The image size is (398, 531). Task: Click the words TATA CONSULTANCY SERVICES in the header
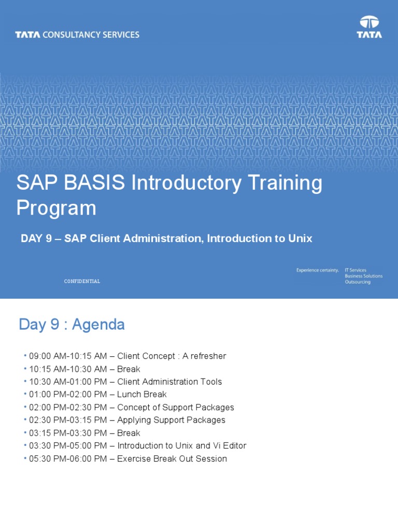77,35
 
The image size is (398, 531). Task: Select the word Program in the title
56,208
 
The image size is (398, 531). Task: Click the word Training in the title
285,183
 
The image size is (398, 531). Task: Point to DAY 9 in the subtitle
36,239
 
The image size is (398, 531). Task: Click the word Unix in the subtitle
300,239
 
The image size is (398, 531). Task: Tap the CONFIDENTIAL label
82,281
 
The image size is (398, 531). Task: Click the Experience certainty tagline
318,270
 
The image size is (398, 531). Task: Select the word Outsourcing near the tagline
358,282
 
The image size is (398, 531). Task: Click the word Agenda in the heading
98,325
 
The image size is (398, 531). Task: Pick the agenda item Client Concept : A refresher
172,356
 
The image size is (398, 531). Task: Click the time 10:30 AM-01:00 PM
68,382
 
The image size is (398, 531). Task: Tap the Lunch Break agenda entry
142,395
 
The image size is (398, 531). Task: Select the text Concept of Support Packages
176,408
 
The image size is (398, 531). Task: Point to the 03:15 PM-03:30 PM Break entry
84,433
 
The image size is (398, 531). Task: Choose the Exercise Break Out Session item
172,458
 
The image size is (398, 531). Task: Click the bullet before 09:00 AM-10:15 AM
25,355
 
